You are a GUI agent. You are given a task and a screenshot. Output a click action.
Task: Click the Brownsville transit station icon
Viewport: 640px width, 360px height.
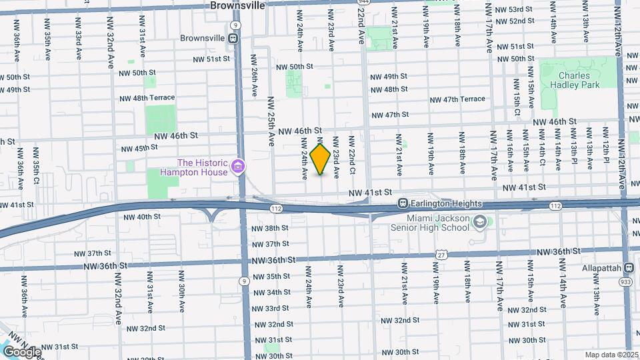(x=234, y=38)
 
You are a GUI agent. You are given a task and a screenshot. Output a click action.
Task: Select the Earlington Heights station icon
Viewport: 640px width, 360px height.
(x=403, y=203)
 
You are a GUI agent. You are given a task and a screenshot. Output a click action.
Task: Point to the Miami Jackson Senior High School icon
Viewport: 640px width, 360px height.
(x=479, y=221)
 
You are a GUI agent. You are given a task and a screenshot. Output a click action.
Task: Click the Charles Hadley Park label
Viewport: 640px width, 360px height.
(x=579, y=80)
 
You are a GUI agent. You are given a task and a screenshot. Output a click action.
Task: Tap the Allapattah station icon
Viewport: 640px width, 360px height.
(x=628, y=267)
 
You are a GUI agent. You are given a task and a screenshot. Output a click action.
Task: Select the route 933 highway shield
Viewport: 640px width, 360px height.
(x=626, y=282)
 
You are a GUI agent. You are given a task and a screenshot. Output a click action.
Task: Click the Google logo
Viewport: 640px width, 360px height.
(x=22, y=351)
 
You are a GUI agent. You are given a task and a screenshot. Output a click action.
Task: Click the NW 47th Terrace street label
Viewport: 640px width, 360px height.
(x=457, y=99)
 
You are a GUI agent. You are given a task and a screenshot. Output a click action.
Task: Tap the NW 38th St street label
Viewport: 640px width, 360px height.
(x=270, y=228)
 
